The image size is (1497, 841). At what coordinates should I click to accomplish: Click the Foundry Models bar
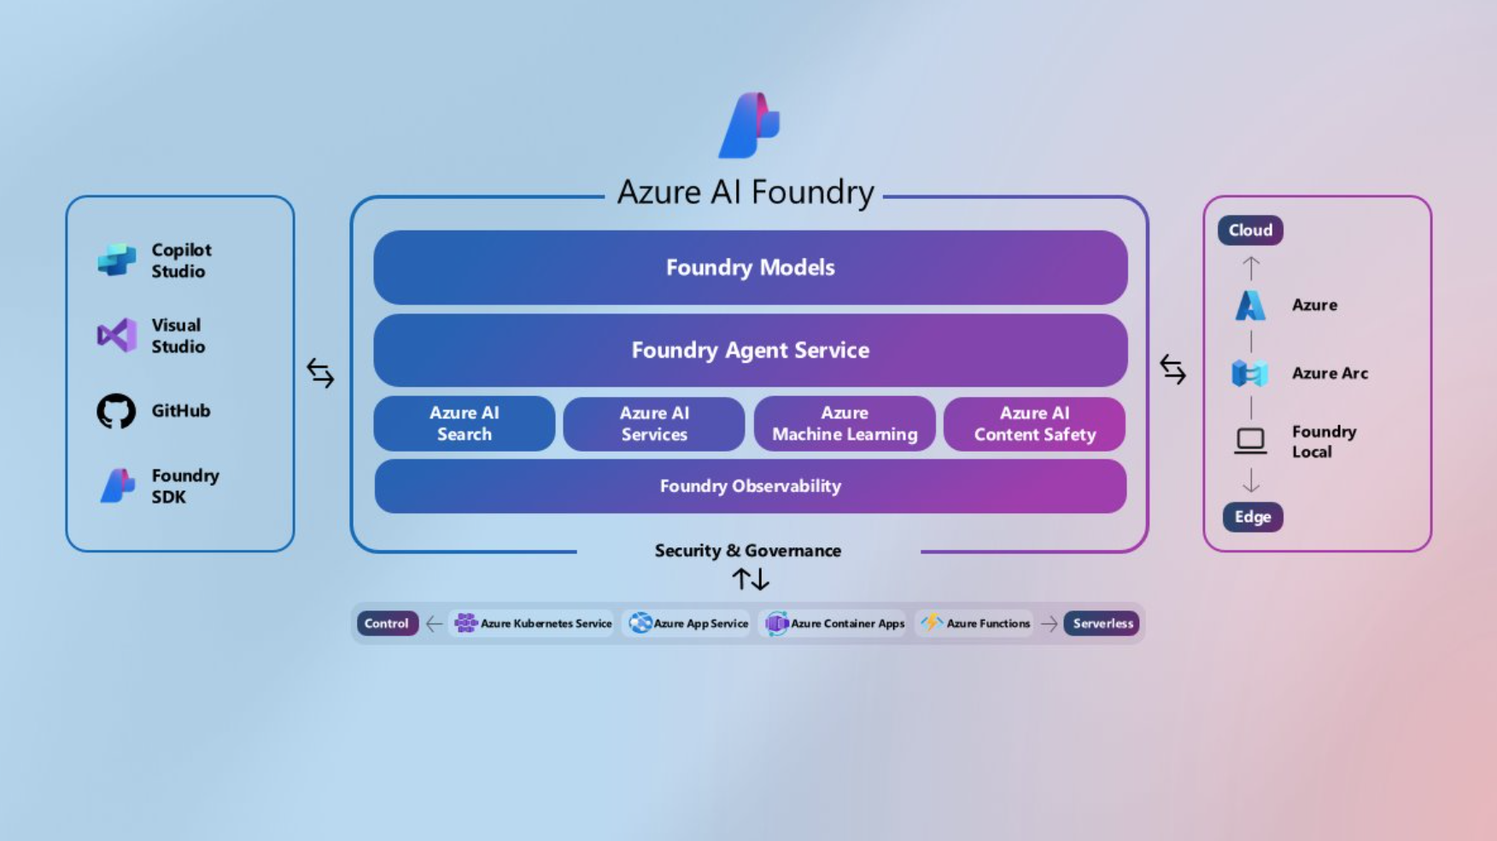point(750,267)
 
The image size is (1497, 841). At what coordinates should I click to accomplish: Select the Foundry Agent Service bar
point(750,350)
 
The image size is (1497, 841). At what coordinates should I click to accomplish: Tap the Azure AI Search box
point(464,423)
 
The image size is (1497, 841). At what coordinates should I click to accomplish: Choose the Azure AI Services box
point(654,423)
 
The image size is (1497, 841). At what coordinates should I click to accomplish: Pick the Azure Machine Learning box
point(845,423)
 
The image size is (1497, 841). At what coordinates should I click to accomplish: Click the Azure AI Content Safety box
point(1034,423)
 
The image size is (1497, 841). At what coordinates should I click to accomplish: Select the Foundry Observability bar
point(750,486)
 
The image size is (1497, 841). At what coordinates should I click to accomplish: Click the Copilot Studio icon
point(117,260)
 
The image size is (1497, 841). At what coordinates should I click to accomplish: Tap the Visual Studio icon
point(117,336)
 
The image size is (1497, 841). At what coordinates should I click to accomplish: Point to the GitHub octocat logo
point(116,412)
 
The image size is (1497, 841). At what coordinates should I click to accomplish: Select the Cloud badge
point(1250,231)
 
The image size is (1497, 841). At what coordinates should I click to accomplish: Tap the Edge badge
point(1253,517)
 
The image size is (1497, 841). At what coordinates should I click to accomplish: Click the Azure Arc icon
point(1250,373)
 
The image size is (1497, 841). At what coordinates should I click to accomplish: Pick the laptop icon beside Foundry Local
point(1250,441)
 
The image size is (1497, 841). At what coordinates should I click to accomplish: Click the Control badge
point(387,623)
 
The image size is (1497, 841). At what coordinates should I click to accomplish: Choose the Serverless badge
point(1102,623)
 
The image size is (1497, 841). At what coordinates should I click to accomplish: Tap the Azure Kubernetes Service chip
point(534,623)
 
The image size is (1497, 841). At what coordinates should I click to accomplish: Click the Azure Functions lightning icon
point(932,622)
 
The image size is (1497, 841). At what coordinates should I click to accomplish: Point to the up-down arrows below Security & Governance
point(751,580)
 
